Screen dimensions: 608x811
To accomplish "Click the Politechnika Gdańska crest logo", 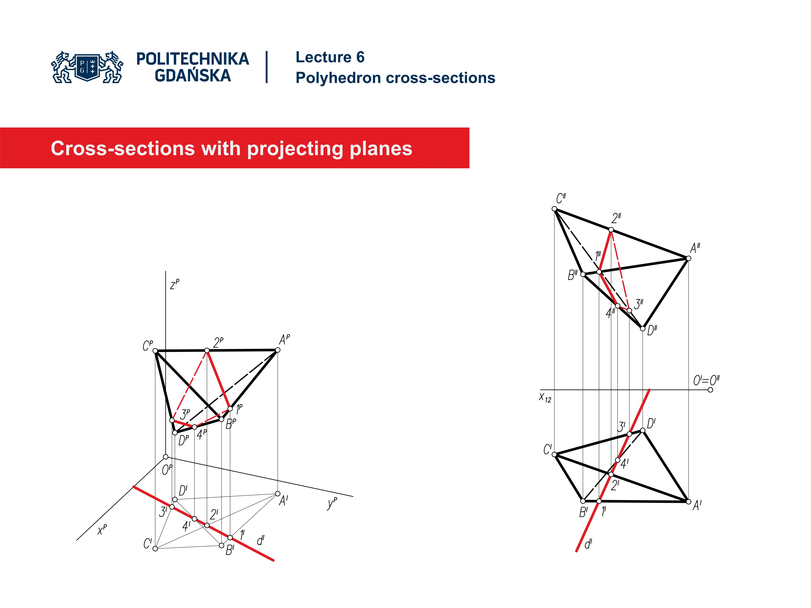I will pos(87,67).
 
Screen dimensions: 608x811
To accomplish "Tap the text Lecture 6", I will pos(330,57).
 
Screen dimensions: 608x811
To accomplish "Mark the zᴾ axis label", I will pos(174,284).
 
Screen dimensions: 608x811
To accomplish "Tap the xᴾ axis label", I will pos(102,529).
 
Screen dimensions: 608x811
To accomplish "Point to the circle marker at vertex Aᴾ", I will pos(278,350).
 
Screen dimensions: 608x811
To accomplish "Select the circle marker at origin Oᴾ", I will pos(166,457).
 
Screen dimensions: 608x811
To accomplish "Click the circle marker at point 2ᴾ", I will pos(207,351).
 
